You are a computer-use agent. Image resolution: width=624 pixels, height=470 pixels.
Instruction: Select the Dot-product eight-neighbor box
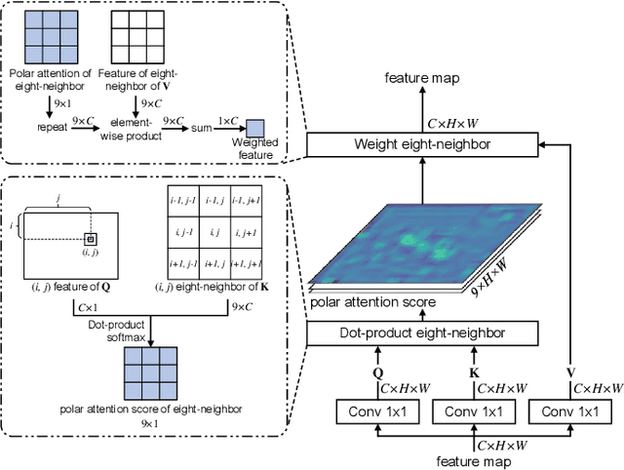pos(422,334)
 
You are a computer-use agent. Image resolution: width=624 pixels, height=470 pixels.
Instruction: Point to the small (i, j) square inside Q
pos(90,239)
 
